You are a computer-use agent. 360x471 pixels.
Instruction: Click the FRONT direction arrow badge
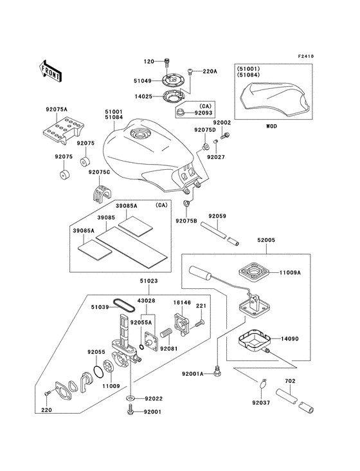pos(51,71)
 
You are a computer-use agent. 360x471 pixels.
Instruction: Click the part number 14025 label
pos(144,96)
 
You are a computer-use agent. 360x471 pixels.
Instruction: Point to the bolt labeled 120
pos(167,62)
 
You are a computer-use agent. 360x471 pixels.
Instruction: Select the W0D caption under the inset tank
pos(271,127)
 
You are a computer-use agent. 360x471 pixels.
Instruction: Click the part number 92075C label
pos(100,172)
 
